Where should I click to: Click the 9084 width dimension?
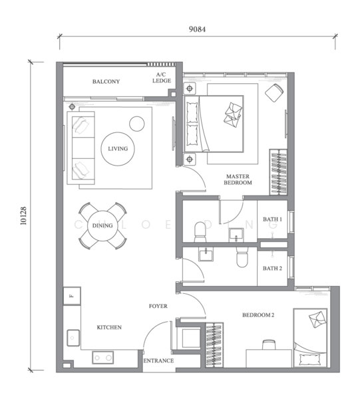click(197, 29)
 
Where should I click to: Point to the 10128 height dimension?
click(23, 215)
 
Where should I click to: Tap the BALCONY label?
click(106, 82)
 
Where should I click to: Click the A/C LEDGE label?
click(162, 78)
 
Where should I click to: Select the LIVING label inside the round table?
click(118, 148)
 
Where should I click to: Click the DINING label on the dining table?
click(102, 225)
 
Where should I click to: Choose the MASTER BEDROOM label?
click(238, 180)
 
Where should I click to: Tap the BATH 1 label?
click(272, 219)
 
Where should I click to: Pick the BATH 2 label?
click(272, 268)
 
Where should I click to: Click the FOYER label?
click(158, 306)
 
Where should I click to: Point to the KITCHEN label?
click(109, 327)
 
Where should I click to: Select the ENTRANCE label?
click(158, 360)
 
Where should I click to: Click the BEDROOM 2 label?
click(258, 315)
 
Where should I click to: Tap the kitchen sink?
click(73, 338)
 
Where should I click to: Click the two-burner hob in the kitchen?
click(103, 358)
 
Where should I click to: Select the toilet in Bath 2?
click(242, 257)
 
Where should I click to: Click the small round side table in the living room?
click(137, 124)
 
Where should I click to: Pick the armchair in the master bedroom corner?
click(274, 92)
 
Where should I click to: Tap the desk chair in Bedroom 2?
click(269, 344)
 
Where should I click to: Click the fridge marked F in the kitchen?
click(72, 296)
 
